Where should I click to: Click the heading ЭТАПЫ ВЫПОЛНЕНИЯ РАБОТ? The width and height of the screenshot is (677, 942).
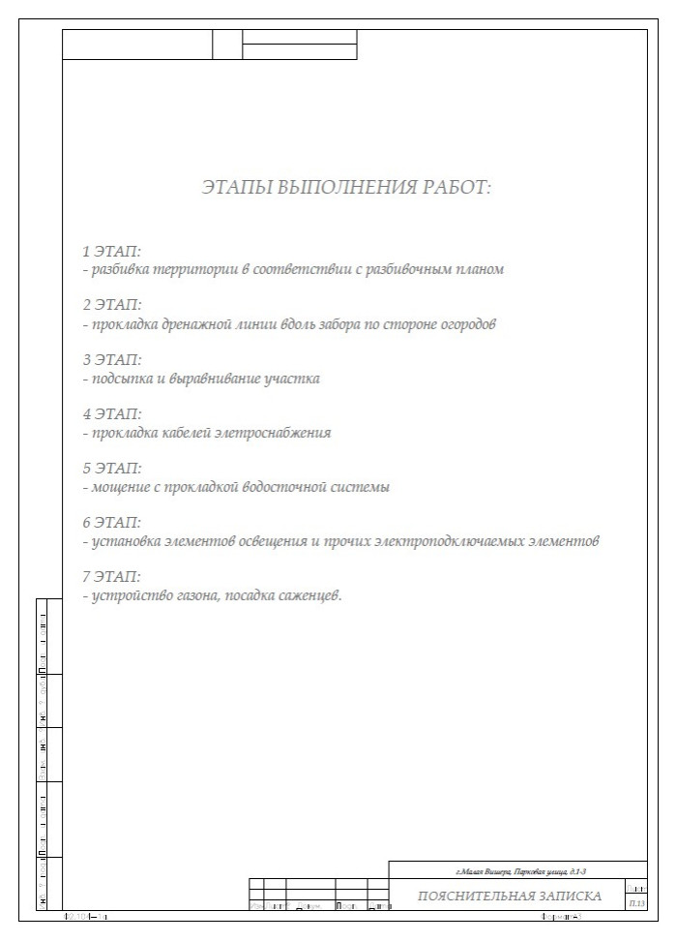click(x=346, y=187)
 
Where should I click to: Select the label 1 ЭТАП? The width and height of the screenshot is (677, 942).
click(x=112, y=252)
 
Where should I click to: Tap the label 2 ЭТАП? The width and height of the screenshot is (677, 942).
click(x=112, y=306)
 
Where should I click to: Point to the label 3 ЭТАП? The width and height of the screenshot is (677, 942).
click(x=112, y=360)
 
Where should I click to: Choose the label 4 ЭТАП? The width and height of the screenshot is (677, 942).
click(x=112, y=414)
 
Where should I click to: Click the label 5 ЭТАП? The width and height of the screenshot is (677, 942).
click(x=112, y=469)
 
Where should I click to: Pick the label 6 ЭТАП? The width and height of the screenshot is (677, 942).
click(x=112, y=523)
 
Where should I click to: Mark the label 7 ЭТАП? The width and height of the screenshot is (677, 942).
click(x=112, y=577)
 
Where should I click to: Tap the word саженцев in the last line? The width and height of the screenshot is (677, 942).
click(x=310, y=595)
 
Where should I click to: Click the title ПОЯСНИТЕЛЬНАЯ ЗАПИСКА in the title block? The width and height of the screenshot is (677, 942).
click(x=510, y=896)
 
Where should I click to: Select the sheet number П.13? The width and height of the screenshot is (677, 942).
click(x=636, y=902)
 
